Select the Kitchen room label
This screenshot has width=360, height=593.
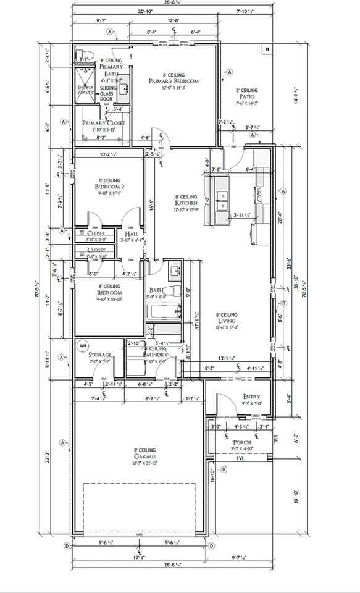tap(186, 203)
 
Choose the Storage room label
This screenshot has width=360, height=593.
tap(99, 355)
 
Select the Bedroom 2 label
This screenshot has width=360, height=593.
tap(110, 186)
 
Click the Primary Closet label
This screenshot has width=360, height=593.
tap(104, 123)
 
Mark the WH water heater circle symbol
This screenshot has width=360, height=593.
tap(83, 346)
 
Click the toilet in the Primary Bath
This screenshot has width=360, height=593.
tap(82, 56)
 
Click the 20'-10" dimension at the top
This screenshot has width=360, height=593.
tap(145, 11)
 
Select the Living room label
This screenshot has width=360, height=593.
tap(227, 318)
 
